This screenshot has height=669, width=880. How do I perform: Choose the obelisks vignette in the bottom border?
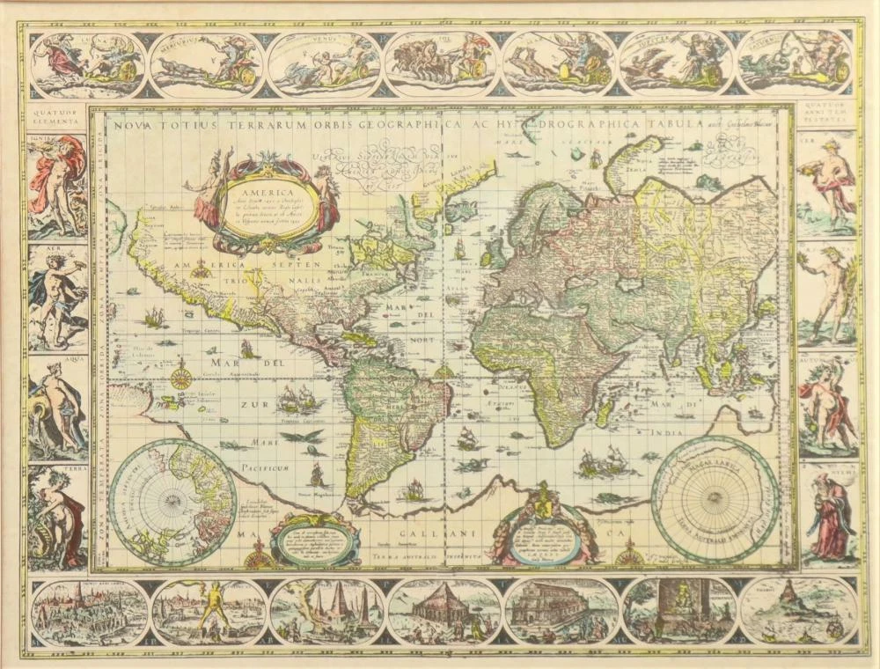tap(326, 611)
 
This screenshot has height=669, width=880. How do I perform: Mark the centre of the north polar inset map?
tap(172, 503)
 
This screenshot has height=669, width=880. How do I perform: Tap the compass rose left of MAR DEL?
tap(181, 379)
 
